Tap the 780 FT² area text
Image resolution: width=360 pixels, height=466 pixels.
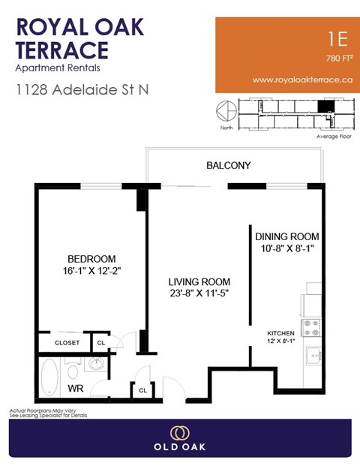click(339, 58)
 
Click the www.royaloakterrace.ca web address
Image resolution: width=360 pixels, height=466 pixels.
click(303, 79)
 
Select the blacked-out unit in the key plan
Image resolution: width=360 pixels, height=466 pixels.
click(324, 107)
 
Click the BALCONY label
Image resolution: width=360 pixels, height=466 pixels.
click(229, 165)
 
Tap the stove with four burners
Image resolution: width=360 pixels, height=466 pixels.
click(311, 328)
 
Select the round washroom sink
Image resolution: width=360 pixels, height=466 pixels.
click(97, 364)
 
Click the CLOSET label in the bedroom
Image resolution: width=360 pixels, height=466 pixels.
click(67, 343)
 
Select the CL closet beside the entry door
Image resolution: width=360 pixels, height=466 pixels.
click(142, 389)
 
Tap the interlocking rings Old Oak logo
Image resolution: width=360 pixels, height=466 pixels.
click(179, 432)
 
